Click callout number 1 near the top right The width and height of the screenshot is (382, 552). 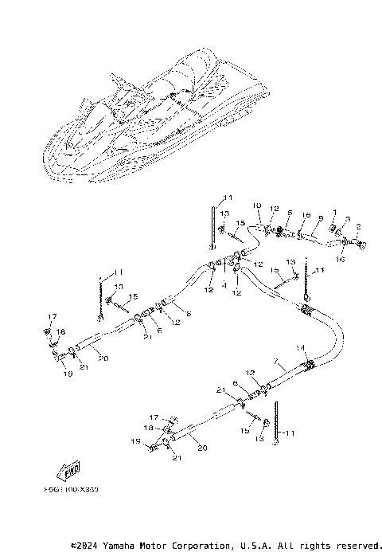tap(335, 212)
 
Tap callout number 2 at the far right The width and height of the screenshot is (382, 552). tap(359, 227)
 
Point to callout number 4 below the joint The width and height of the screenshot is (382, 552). tap(225, 284)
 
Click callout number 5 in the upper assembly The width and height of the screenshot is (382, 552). tap(290, 213)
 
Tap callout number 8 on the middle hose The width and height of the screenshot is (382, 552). tap(188, 313)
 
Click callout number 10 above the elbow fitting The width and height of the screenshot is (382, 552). tap(257, 206)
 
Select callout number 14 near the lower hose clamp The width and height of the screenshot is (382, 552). tap(300, 348)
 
